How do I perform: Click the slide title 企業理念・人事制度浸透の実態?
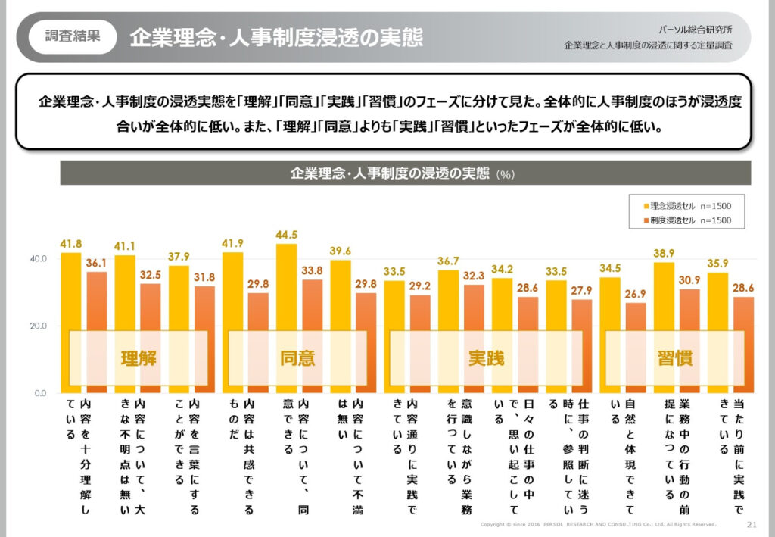[x=275, y=37]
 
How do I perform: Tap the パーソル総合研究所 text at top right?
[x=705, y=29]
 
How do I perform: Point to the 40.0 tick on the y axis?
[x=39, y=259]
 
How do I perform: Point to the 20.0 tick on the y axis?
[x=39, y=326]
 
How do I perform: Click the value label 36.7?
[x=449, y=261]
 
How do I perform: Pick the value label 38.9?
[x=663, y=254]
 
